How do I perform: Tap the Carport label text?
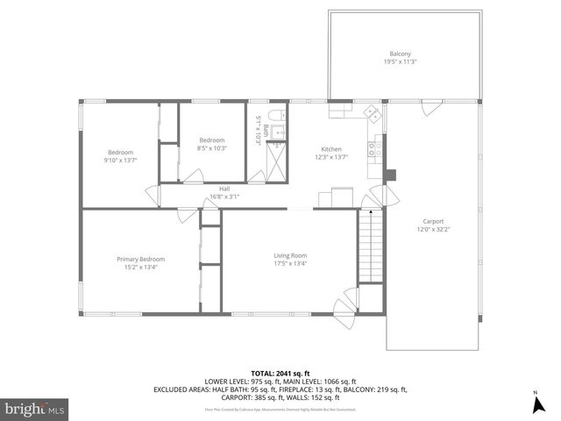432,221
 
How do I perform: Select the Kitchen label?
331,149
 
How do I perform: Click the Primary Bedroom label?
141,259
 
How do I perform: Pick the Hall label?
224,188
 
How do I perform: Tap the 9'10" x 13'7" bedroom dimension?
120,160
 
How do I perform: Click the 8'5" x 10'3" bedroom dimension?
212,148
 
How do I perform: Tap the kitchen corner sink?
372,112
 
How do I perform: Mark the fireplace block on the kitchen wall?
391,173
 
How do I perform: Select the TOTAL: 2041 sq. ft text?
280,373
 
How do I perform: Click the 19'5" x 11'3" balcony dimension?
400,61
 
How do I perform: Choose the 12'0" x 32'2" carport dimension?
432,230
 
